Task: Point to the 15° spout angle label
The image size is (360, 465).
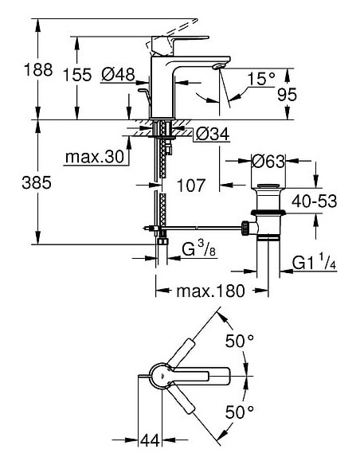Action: click(x=260, y=78)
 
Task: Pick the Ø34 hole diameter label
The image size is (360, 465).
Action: click(x=211, y=135)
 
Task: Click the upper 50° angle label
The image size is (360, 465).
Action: click(x=238, y=340)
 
